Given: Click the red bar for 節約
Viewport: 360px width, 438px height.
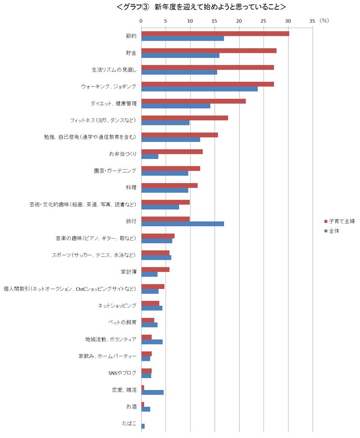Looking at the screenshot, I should pos(215,33).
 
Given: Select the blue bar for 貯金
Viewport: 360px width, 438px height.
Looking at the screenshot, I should pos(180,55).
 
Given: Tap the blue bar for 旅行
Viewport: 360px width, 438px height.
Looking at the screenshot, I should pos(182,224).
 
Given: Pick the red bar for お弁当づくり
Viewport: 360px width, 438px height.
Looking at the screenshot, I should pos(172,152).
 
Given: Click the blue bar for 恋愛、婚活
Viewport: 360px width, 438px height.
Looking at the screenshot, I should pos(152,392).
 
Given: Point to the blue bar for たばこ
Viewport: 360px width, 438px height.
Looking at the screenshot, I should pos(143,426).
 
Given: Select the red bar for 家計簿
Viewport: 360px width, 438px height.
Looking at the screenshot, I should pos(155,269).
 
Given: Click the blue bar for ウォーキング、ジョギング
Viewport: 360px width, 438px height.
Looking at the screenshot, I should pos(199,89).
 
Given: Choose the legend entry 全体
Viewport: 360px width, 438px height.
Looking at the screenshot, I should pos(334,231).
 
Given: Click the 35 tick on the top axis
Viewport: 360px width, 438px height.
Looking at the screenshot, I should pos(313,20).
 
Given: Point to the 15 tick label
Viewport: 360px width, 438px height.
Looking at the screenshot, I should pos(214,20).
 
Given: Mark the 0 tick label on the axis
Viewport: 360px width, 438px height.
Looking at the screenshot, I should pos(141,20).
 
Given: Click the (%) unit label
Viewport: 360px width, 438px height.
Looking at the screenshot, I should pos(324,20).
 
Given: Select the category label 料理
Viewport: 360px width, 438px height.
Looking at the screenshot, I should pos(131,188).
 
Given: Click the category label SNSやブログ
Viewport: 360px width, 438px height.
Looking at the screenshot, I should pos(123,373).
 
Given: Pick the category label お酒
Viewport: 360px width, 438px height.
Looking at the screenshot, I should pos(131,407).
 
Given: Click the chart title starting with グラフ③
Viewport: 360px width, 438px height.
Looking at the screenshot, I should pos(201,7).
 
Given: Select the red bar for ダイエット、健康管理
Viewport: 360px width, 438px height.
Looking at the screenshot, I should pos(193,101).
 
